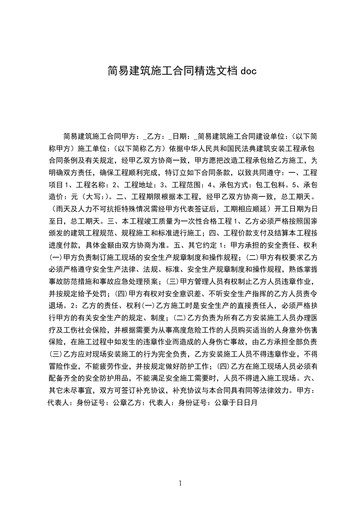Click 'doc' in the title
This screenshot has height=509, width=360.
(249, 71)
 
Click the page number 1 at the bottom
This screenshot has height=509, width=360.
(180, 483)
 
